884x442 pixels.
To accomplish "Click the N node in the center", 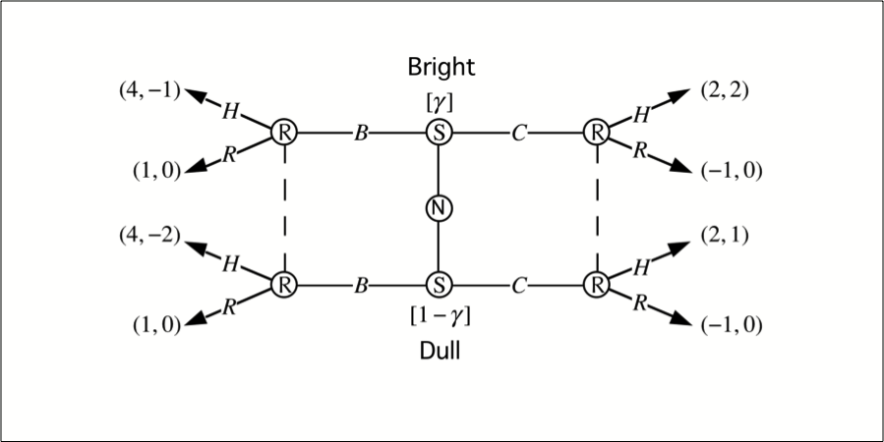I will point(438,207).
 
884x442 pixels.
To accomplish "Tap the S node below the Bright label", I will point(438,131).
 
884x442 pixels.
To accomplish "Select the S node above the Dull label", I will point(438,285).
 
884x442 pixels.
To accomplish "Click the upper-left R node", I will point(284,131).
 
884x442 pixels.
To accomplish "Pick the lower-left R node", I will point(284,285).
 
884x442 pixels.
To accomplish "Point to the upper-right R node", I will point(594,131).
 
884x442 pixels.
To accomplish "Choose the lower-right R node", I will point(594,285).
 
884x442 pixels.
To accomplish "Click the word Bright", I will point(442,68).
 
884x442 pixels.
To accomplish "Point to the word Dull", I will point(439,350).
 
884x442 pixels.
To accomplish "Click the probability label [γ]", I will point(438,100).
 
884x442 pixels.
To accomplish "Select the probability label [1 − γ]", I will point(439,316).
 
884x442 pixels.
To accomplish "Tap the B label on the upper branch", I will point(362,132).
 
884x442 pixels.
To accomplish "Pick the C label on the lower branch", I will point(518,286).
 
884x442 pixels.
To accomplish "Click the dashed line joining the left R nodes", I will point(284,207).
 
